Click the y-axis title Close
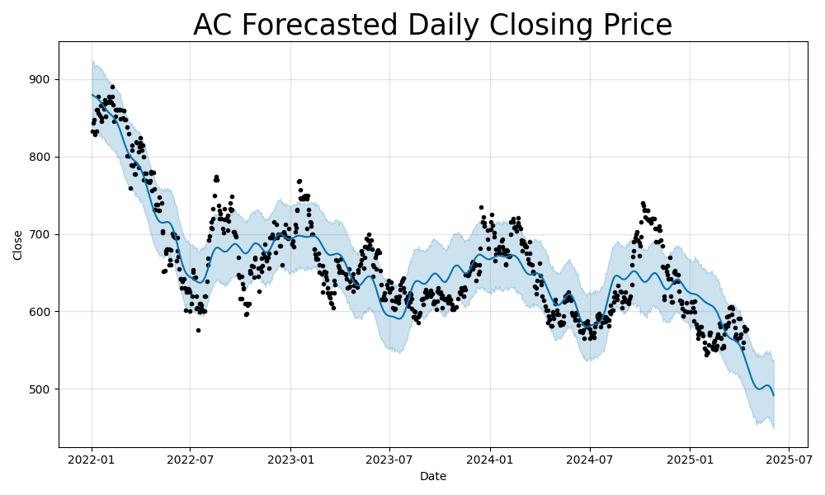[18, 245]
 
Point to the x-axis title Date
[432, 477]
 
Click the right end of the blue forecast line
[774, 395]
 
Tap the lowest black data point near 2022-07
[198, 330]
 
